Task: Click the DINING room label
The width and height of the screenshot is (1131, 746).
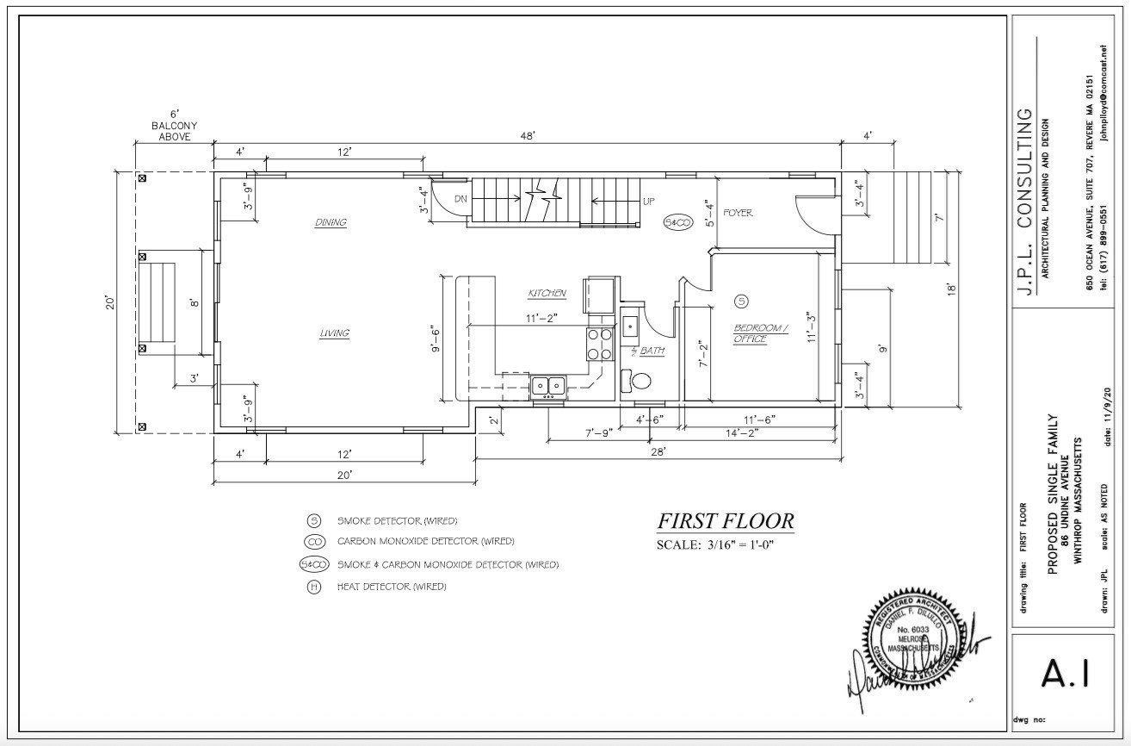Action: (331, 222)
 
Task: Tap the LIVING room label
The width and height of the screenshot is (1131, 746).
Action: (334, 333)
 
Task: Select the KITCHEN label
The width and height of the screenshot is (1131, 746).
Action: (547, 294)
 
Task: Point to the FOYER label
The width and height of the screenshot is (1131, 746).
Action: (738, 212)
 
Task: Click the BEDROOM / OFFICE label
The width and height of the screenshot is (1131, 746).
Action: (761, 333)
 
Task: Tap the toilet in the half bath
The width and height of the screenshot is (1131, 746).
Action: (640, 380)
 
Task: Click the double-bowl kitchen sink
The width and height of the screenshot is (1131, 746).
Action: (547, 385)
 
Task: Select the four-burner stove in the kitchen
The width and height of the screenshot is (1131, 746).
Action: (600, 344)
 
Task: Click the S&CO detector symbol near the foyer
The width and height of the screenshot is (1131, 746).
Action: (678, 223)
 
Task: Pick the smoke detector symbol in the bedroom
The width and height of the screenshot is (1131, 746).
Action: (742, 301)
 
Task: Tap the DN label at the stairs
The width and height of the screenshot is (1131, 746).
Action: (460, 198)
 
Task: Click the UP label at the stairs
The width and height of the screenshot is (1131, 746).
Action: (648, 202)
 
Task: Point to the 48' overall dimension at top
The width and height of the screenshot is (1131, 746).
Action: (527, 136)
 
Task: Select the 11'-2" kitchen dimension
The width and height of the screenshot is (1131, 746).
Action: (541, 317)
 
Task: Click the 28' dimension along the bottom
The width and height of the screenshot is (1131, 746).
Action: (658, 451)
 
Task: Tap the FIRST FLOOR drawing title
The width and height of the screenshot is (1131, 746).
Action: (726, 521)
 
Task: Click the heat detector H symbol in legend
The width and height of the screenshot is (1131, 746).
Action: (314, 587)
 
